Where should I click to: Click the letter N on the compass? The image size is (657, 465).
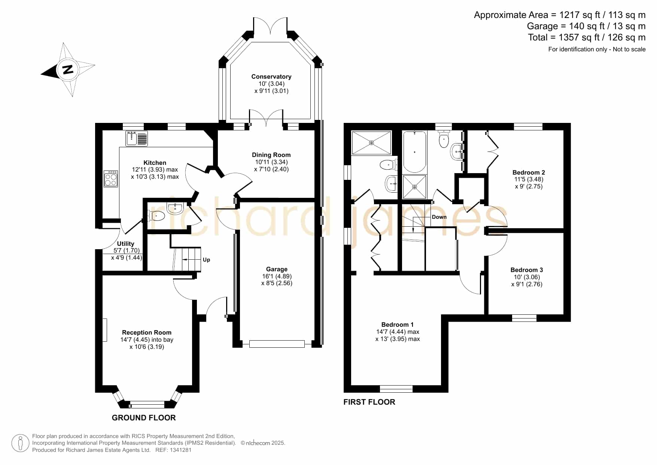[x=68, y=69]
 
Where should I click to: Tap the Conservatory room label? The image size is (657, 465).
[x=271, y=76]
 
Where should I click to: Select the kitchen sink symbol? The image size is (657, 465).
[x=137, y=138]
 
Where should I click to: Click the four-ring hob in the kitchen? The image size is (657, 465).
[x=111, y=179]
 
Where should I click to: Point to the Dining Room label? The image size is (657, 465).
[x=271, y=155]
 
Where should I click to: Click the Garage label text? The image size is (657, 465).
[x=277, y=269]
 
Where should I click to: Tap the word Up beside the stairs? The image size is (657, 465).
[x=206, y=260]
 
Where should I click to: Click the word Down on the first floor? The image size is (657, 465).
[x=439, y=217]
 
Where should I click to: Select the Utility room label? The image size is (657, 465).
[x=125, y=244]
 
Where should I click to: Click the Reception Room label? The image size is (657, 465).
[x=147, y=332]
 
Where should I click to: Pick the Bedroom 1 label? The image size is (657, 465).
[x=398, y=324]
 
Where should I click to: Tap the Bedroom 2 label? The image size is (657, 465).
[x=529, y=172]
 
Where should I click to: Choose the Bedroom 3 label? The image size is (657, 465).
[x=527, y=270]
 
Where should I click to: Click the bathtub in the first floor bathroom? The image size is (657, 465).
[x=414, y=152]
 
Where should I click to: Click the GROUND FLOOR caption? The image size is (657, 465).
[x=144, y=417]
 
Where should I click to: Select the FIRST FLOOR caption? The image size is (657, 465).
[x=369, y=402]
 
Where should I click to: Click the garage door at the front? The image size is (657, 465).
[x=277, y=344]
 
